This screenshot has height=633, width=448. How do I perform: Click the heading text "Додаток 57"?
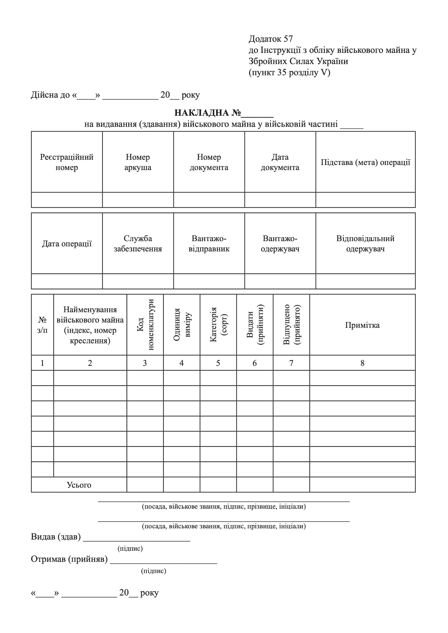coord(270,39)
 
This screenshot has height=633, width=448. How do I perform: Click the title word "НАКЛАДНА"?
coord(202,113)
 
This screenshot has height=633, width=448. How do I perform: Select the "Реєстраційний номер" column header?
coord(67,162)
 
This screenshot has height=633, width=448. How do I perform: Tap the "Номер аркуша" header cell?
coord(138,162)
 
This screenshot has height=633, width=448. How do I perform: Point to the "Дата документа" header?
coord(280,162)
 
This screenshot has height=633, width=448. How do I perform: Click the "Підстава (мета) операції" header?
coord(365,162)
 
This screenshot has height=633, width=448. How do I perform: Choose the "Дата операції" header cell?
coord(67,244)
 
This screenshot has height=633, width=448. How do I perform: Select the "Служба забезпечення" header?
coord(138,244)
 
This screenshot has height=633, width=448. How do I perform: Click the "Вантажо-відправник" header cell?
coord(209,244)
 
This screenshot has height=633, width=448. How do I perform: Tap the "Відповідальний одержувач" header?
coord(365,244)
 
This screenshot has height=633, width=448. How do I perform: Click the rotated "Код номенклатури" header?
coord(145,325)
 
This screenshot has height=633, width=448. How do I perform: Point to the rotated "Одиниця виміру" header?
coord(181,325)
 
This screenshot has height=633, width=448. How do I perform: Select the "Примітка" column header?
coord(362,325)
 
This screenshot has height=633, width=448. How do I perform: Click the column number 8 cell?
coord(362,363)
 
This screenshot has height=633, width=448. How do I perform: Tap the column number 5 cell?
coord(218,363)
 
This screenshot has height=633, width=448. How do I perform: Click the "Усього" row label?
coord(79,485)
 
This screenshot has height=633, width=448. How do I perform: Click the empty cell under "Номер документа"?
coord(209,200)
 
